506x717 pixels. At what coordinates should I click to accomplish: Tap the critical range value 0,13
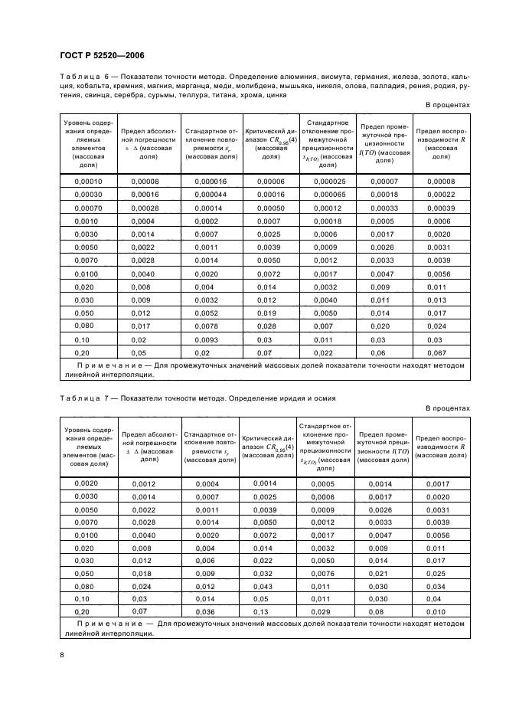pyautogui.click(x=264, y=613)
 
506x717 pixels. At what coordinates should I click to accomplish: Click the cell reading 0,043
pyautogui.click(x=264, y=586)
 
